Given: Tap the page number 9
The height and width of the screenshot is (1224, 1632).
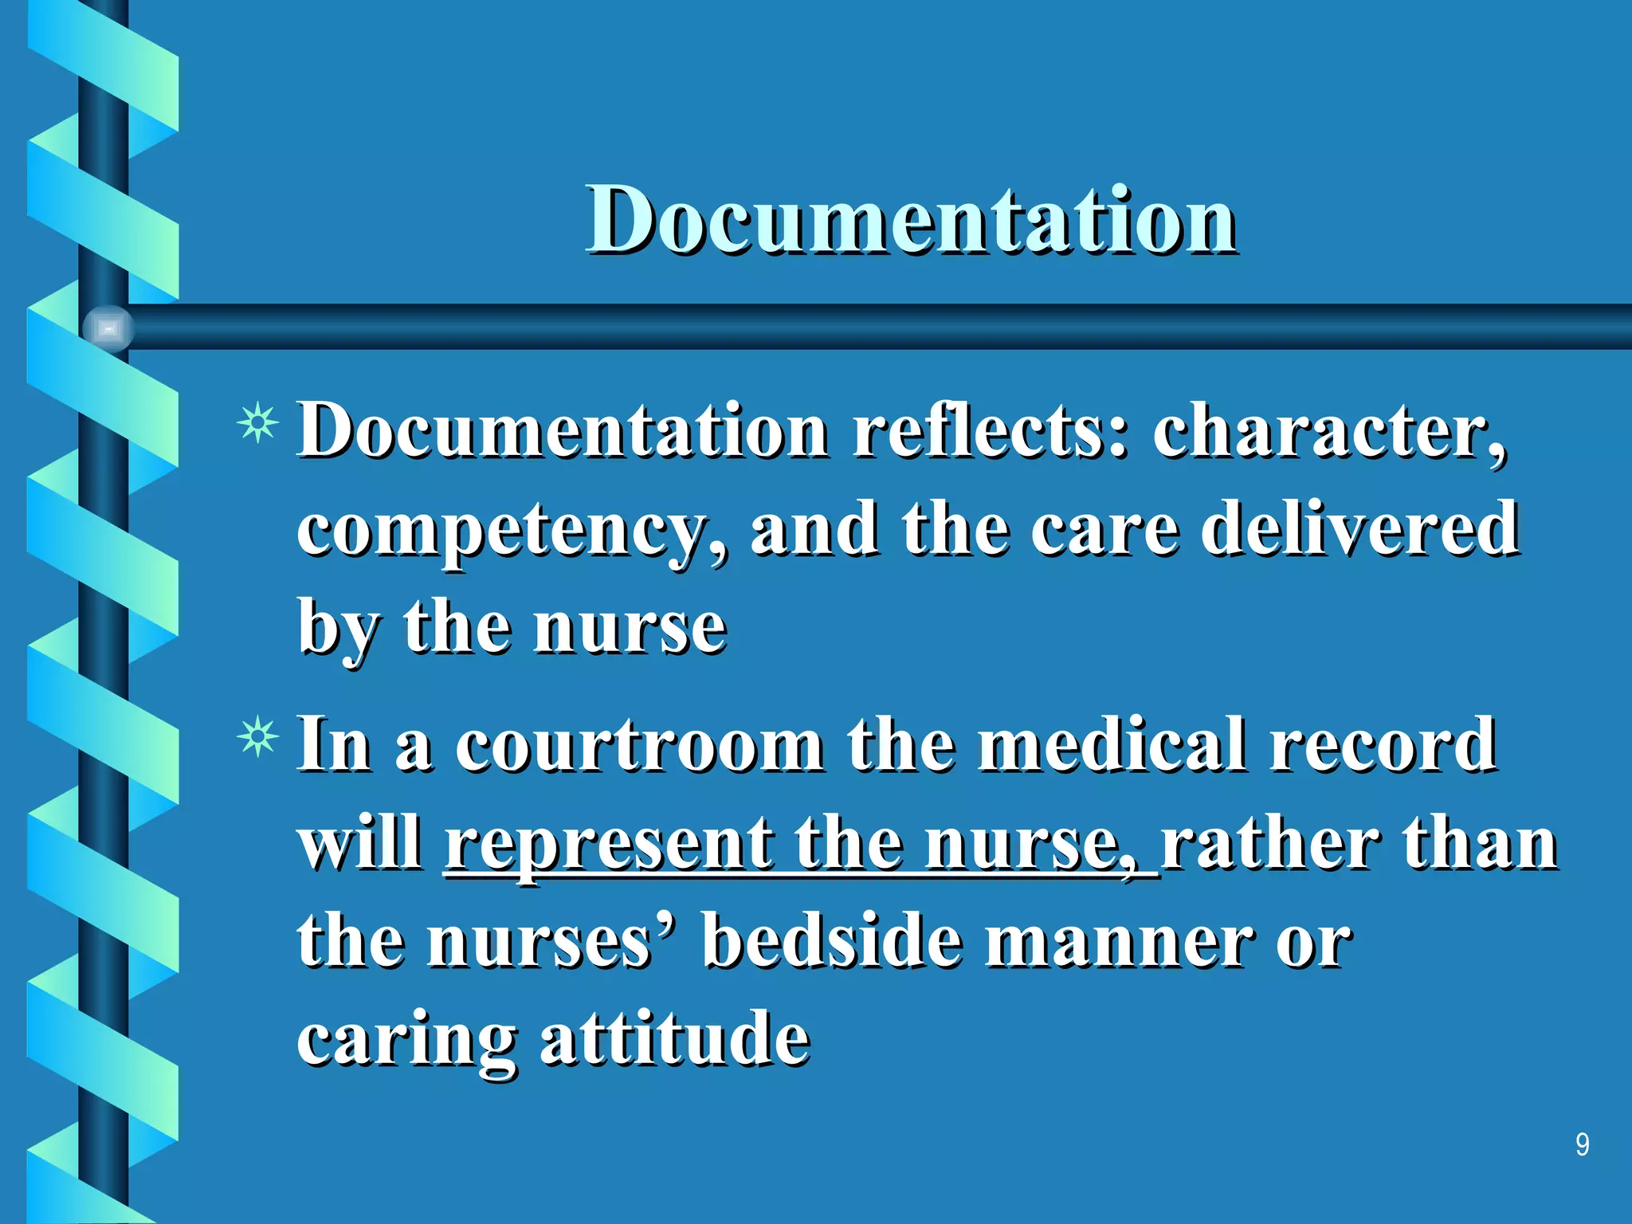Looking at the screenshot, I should point(1583,1144).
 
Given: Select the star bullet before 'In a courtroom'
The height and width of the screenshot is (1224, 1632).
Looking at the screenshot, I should point(258,737).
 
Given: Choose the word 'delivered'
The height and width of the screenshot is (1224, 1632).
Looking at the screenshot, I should point(1359,528).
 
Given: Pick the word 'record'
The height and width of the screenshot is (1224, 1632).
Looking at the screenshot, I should point(1383,745).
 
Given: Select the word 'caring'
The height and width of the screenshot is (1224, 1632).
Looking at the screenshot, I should point(406,1042).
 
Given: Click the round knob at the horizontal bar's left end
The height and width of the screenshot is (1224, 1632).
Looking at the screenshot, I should point(108,328).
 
